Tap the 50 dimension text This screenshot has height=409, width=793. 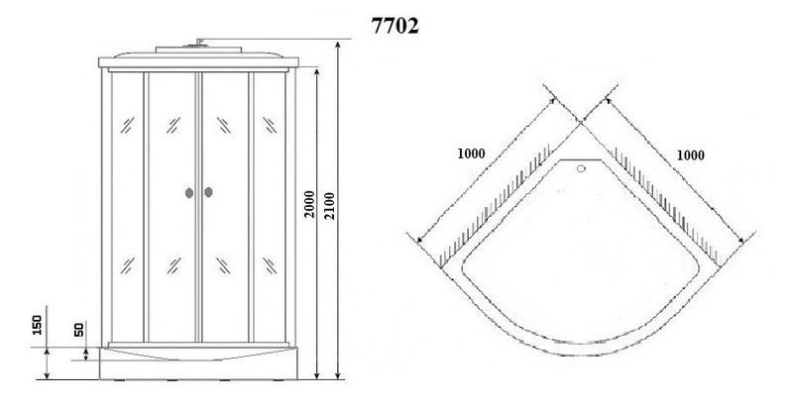pos(77,330)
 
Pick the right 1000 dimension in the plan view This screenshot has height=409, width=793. pos(693,154)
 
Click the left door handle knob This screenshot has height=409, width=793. pos(188,194)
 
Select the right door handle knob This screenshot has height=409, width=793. pos(210,194)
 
